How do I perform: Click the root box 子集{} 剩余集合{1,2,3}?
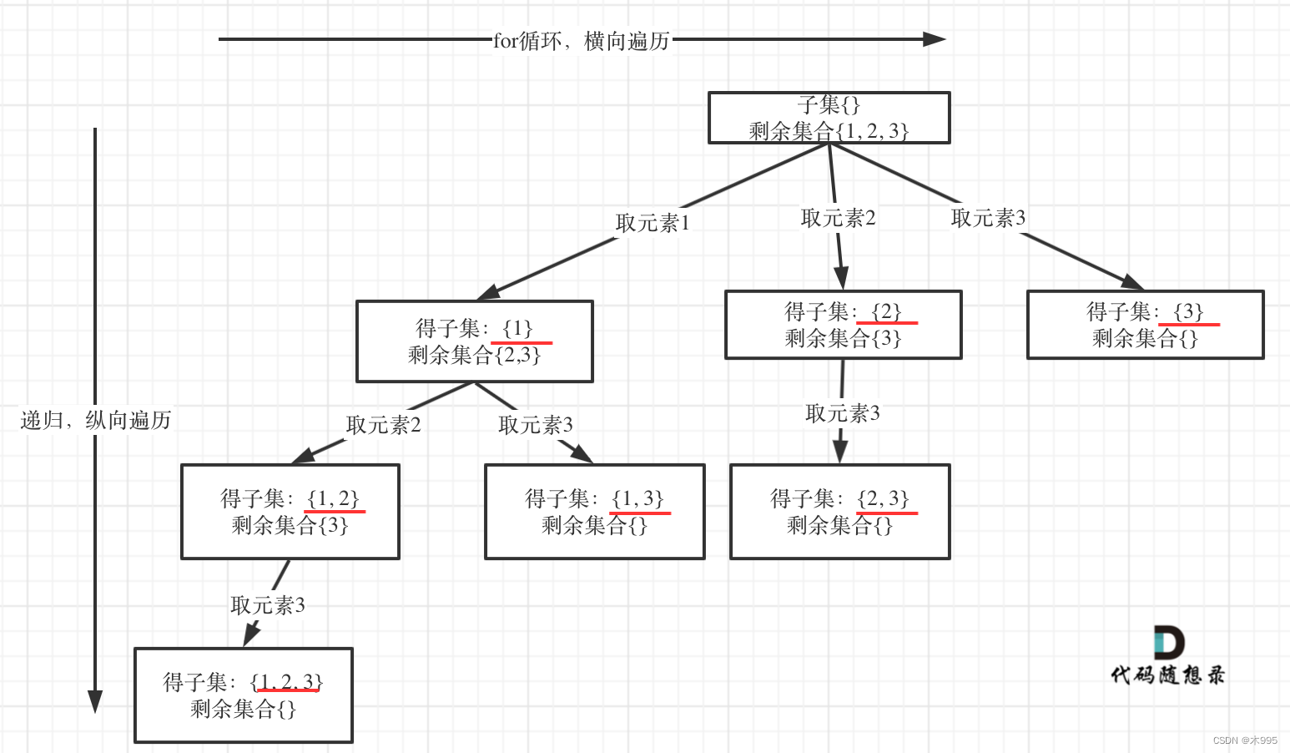coord(829,118)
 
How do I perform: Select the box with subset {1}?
coord(474,341)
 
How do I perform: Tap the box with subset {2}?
coord(843,325)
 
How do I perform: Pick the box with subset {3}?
coord(1145,325)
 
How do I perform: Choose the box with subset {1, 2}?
coord(290,512)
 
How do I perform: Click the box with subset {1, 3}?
coord(594,512)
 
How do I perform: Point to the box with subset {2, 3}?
coord(839,512)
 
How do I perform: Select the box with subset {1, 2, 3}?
coord(243,695)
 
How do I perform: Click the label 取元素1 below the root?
coord(653,223)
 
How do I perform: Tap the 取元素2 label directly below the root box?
coord(838,218)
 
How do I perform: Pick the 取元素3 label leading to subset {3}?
coord(988,218)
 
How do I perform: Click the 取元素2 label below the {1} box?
coord(383,425)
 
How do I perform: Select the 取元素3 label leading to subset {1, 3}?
coord(535,425)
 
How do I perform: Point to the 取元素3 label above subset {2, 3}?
coord(842,413)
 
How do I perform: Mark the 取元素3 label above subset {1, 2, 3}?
coord(267,605)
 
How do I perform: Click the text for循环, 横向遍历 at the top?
coord(581,40)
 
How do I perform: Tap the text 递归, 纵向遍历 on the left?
coord(95,420)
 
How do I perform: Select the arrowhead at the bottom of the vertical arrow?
coord(95,701)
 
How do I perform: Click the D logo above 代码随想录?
coord(1168,643)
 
